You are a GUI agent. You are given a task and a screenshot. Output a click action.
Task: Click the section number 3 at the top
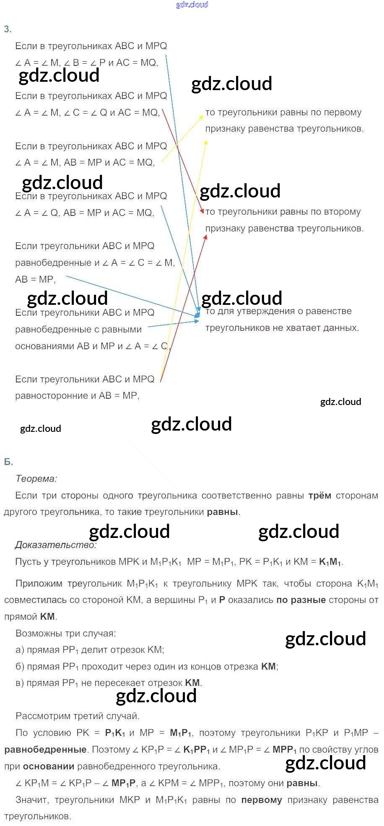tap(7, 29)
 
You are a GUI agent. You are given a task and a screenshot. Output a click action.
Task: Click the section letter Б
tap(8, 462)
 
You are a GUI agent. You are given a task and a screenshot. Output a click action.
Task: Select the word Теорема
tap(36, 478)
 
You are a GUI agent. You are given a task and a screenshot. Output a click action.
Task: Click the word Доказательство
tap(56, 545)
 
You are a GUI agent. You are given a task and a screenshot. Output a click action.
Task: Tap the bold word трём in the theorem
tap(319, 496)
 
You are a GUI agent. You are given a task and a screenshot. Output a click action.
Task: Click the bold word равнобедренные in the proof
tap(45, 750)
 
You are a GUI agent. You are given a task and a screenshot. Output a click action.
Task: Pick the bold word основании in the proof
tap(48, 766)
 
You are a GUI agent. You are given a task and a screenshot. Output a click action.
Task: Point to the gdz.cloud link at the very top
tap(192, 5)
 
